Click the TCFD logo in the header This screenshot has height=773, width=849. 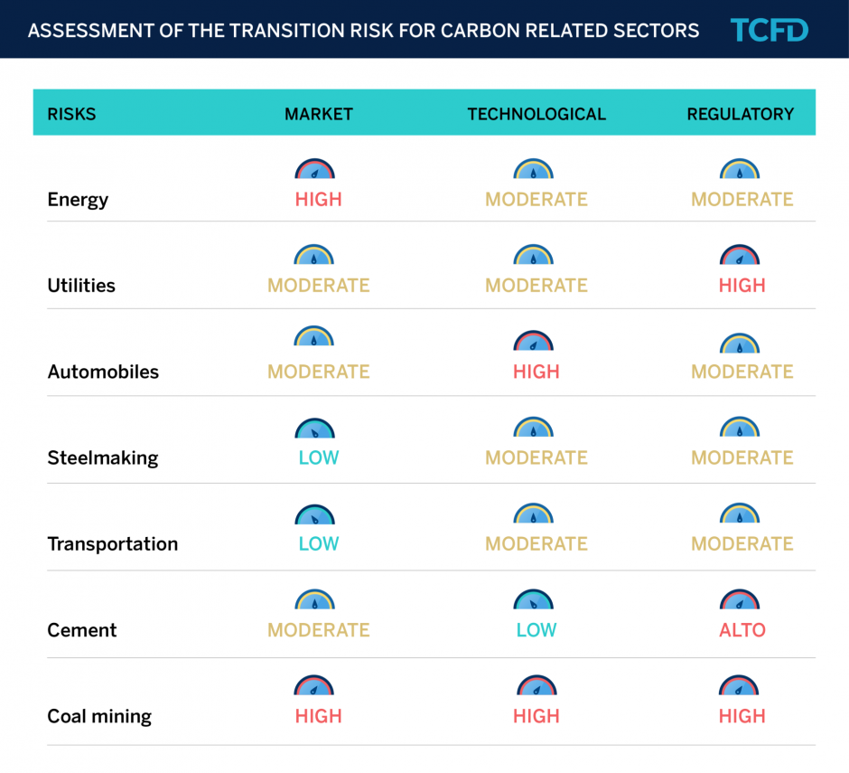(x=770, y=30)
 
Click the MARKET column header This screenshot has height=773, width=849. (x=319, y=114)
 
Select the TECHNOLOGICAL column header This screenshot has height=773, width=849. (x=536, y=114)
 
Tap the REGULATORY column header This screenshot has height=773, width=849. (x=741, y=114)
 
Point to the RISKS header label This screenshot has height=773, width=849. (x=71, y=114)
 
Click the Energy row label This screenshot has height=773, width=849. (x=78, y=200)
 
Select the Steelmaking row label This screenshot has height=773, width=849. (x=102, y=457)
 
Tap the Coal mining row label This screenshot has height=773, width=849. (x=99, y=717)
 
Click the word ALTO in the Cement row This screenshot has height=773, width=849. (x=742, y=630)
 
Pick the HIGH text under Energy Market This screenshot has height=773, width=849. (x=319, y=200)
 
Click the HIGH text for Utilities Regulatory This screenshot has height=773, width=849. (x=742, y=286)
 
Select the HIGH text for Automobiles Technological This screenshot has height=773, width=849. (x=536, y=372)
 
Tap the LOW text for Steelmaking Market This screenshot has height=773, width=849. (x=319, y=457)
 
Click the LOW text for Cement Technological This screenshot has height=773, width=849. (x=536, y=630)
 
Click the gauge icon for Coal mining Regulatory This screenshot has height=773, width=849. (x=740, y=686)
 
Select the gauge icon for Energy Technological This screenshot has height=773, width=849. (x=534, y=169)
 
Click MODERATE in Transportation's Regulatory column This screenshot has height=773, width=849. (x=742, y=544)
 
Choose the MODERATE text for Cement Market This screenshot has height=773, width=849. (x=319, y=630)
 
